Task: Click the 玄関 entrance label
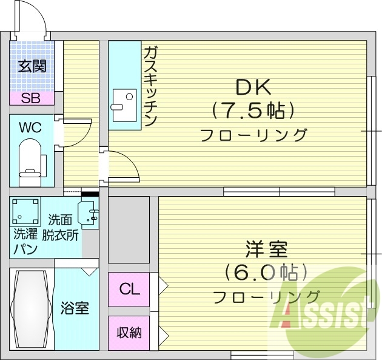point(32,66)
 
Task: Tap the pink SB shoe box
point(31,98)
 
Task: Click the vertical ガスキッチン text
point(150,86)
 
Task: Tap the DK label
point(253,89)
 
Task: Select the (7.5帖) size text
point(254,110)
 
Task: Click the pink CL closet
point(129,290)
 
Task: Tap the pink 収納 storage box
point(129,333)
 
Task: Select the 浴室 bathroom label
point(75,308)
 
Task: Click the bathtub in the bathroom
point(31,308)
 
